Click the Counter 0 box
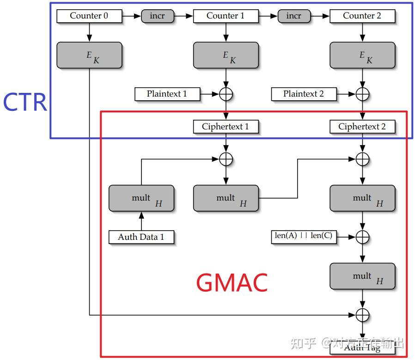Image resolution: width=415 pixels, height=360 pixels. click(x=89, y=16)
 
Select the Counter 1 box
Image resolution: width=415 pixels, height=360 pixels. click(x=226, y=16)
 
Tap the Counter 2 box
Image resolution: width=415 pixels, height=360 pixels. click(x=362, y=16)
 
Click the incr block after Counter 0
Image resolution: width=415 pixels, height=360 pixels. click(x=157, y=16)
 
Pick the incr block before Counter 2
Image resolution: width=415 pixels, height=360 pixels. click(x=293, y=16)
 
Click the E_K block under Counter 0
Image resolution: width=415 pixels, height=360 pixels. click(x=89, y=55)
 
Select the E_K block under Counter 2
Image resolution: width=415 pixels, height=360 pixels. click(x=362, y=55)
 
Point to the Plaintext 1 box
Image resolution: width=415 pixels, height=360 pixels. click(x=167, y=94)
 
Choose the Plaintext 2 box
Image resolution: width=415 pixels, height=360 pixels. click(x=303, y=94)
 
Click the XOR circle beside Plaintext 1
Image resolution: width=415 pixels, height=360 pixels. click(x=226, y=94)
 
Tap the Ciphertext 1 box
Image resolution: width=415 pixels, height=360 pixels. click(x=226, y=127)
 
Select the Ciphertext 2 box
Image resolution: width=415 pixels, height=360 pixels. click(x=362, y=127)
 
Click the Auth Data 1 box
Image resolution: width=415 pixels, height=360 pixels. click(x=141, y=237)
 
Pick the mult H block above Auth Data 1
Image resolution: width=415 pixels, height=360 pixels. click(x=141, y=199)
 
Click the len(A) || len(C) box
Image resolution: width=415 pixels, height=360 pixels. click(x=303, y=236)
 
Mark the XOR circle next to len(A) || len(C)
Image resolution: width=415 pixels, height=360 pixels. click(x=362, y=237)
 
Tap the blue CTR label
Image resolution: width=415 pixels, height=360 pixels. click(x=25, y=103)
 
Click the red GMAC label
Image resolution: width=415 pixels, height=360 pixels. click(x=232, y=282)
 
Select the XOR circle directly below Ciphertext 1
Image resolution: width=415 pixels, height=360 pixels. click(x=226, y=159)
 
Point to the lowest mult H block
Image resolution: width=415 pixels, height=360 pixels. click(x=362, y=276)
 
